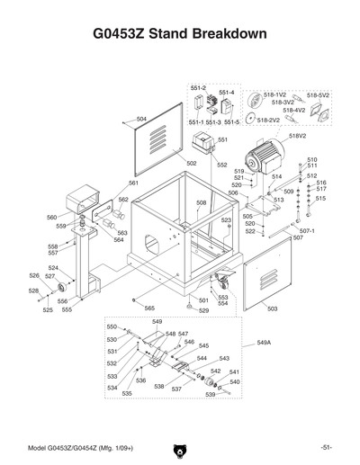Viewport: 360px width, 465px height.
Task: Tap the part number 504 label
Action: [141, 119]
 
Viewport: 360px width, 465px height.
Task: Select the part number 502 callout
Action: [192, 163]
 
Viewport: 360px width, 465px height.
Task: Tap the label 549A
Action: [264, 343]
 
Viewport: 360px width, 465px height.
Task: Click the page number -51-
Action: [325, 448]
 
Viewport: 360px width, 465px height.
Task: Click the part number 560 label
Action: [51, 217]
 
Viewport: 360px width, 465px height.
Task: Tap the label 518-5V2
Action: [319, 94]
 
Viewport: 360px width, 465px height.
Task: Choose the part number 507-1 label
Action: [307, 230]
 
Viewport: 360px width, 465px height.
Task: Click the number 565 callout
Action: [150, 309]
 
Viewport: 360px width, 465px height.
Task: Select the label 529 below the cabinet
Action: [203, 310]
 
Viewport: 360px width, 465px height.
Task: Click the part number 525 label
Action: [48, 309]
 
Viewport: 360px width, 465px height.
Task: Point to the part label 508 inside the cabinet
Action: [202, 203]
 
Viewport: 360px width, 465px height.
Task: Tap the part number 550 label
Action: [112, 326]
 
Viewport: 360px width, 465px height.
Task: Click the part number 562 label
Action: [123, 200]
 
